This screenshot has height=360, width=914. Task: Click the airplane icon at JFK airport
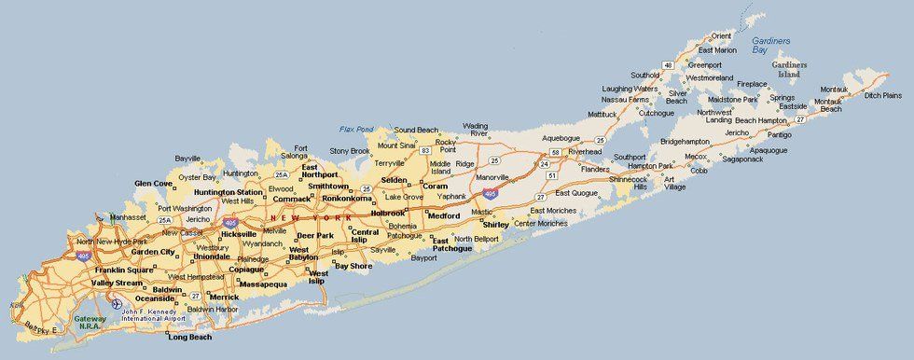[x=116, y=303]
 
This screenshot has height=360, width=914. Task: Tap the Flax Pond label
[x=356, y=129]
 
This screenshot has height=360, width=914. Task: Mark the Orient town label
[x=720, y=36]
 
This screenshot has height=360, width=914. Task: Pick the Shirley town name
[x=496, y=225]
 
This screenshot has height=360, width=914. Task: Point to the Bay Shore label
[x=354, y=266]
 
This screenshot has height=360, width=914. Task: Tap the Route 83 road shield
[x=424, y=149]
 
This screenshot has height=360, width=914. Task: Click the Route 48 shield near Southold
[x=668, y=64]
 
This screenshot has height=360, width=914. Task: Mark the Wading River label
[x=476, y=129]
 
